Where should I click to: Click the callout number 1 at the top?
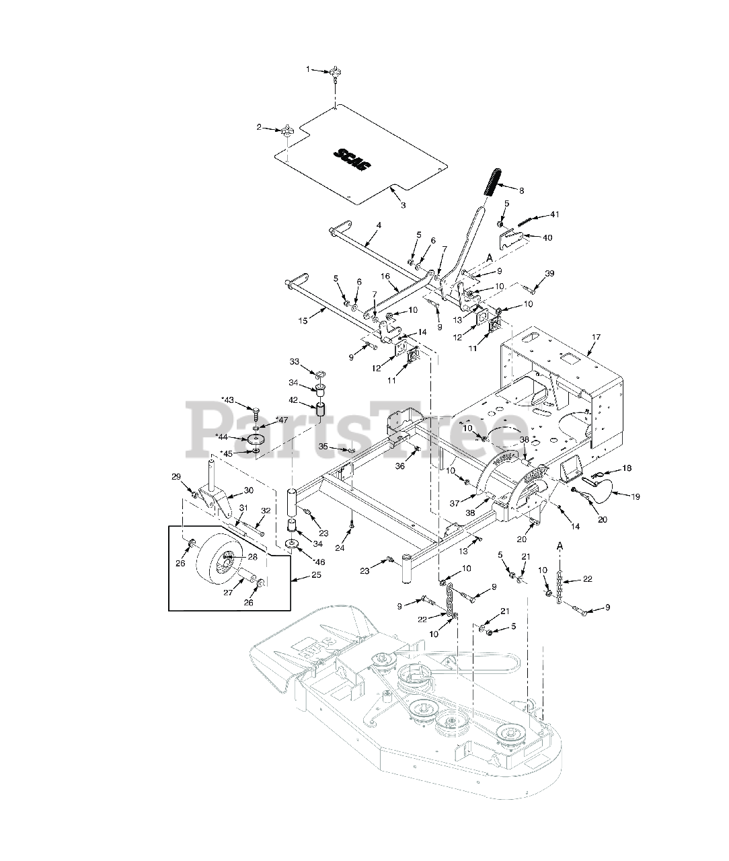309,69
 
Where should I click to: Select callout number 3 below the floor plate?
403,204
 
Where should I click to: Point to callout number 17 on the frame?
596,336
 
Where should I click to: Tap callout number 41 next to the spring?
554,215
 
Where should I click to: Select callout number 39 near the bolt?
550,273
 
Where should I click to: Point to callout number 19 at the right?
635,496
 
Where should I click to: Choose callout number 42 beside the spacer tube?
294,400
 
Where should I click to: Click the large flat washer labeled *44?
256,439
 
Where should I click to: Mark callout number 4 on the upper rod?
379,225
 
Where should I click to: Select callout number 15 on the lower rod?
304,322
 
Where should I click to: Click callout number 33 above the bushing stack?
294,362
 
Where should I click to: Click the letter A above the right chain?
559,544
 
